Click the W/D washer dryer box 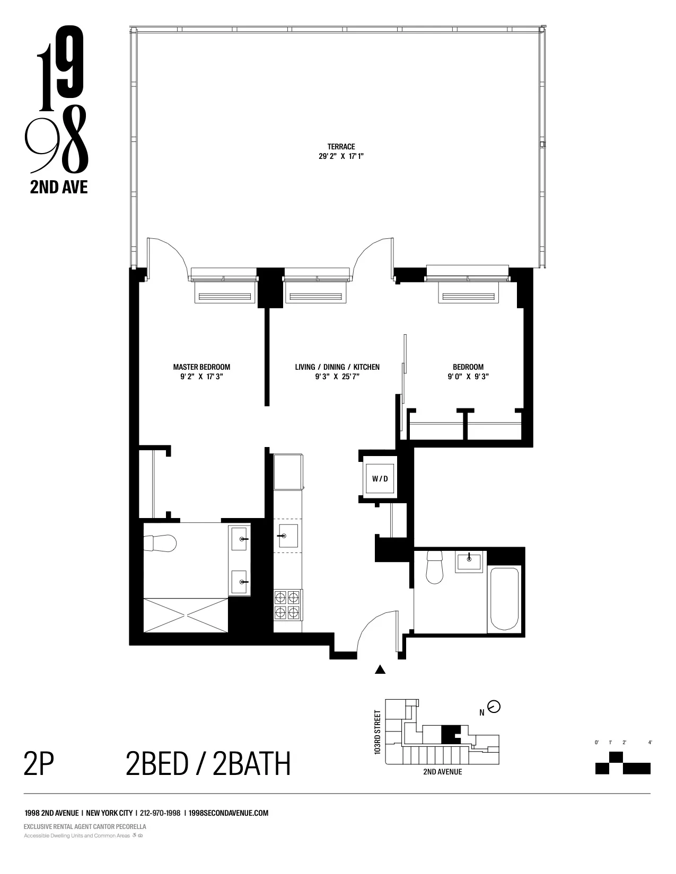(380, 479)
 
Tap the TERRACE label (341, 147)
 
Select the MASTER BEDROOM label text (201, 367)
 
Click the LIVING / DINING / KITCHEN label (337, 367)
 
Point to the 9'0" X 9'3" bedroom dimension (468, 377)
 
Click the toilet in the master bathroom (161, 543)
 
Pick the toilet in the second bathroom (435, 567)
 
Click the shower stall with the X (186, 614)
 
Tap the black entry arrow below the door (380, 670)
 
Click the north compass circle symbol (494, 707)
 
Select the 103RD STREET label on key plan (377, 732)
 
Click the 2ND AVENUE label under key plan (442, 772)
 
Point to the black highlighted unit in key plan (449, 734)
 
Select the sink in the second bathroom (469, 561)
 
